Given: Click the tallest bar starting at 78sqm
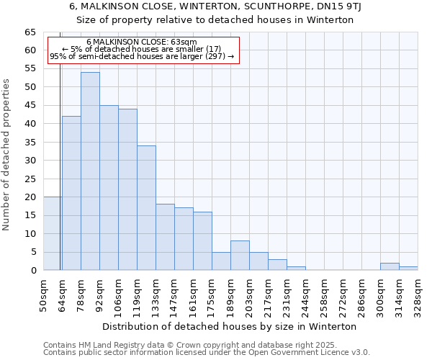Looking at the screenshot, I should pyautogui.click(x=90, y=171).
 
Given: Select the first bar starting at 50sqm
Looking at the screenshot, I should pyautogui.click(x=53, y=233).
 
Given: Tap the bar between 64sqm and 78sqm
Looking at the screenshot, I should pyautogui.click(x=71, y=193).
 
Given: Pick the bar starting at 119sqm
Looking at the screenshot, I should pyautogui.click(x=146, y=208).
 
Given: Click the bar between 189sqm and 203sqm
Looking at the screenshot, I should pyautogui.click(x=240, y=256).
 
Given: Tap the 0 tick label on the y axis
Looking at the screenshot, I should pyautogui.click(x=32, y=271).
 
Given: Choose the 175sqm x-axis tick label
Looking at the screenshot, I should pyautogui.click(x=212, y=295).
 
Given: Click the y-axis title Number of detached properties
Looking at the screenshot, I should pyautogui.click(x=7, y=155).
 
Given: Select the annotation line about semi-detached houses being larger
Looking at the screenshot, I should pyautogui.click(x=142, y=56).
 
